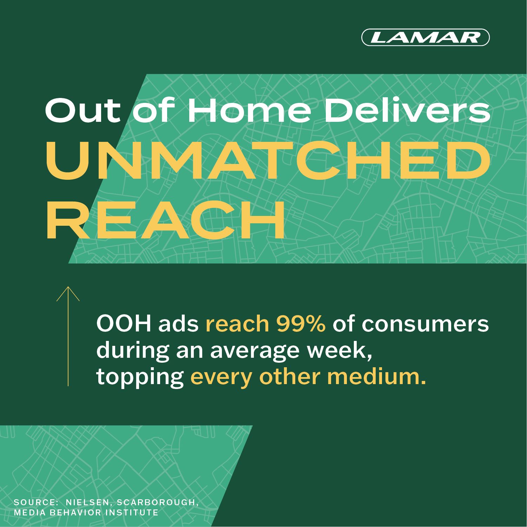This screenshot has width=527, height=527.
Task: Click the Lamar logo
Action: point(425,37)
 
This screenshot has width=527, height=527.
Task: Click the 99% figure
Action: point(301,323)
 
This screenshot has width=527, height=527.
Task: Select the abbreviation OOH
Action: point(124,323)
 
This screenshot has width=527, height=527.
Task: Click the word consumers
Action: point(425,324)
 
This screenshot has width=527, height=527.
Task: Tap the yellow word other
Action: point(290,376)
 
